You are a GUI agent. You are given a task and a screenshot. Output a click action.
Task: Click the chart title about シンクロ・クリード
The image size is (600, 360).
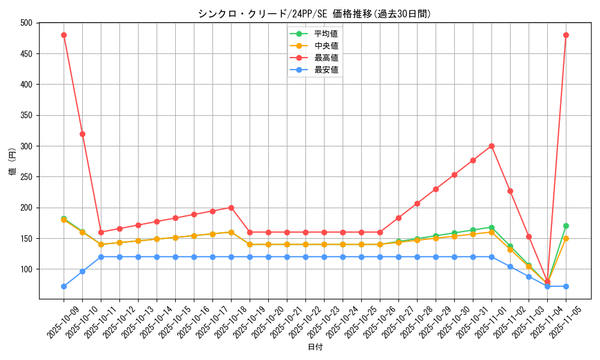314,14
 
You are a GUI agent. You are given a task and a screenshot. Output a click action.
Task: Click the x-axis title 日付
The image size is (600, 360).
315,347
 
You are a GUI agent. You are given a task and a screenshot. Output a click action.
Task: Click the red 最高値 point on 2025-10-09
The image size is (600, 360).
64,35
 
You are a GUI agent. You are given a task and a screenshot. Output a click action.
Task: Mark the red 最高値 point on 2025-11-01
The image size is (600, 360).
491,146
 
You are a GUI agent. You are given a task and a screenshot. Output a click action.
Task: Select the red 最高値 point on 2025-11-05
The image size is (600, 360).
566,35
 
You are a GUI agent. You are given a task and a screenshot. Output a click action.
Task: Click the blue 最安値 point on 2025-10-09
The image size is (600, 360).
64,286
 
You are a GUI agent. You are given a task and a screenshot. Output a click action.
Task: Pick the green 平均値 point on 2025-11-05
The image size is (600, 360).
566,226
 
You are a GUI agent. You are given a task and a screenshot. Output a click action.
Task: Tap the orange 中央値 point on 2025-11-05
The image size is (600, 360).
566,238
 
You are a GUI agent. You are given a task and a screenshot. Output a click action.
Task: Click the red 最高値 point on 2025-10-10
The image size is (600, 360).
82,134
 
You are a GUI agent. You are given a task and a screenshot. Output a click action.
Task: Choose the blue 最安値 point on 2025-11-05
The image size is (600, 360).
566,286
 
